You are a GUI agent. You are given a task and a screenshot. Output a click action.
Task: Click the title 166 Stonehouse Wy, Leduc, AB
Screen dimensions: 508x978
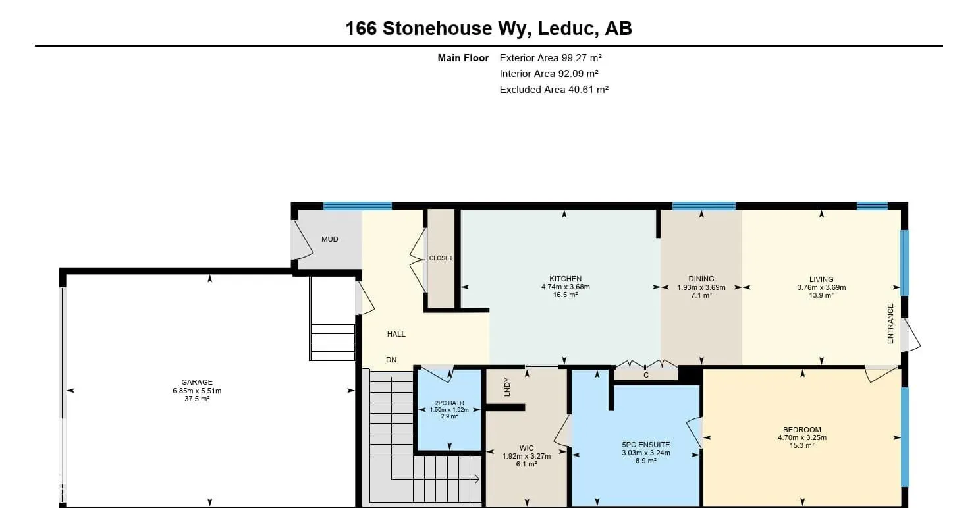click(x=489, y=28)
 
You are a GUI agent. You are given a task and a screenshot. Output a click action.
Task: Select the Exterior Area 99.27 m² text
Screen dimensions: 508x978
click(x=551, y=58)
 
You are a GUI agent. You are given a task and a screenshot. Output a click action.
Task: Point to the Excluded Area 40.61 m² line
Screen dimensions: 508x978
click(x=553, y=90)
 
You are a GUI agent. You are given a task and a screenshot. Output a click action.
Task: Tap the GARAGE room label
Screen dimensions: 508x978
click(x=197, y=382)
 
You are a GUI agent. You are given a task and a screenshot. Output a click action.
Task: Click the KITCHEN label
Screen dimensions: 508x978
click(x=565, y=279)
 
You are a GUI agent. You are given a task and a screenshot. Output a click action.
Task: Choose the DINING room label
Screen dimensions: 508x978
click(x=701, y=279)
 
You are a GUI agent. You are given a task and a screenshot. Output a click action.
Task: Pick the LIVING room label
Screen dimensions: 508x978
click(x=821, y=279)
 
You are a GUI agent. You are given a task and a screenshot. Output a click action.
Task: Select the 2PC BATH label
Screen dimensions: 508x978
click(x=449, y=403)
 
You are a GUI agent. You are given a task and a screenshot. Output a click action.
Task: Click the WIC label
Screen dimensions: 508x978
click(x=526, y=448)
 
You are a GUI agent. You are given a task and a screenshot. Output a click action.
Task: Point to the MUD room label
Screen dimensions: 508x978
click(x=329, y=239)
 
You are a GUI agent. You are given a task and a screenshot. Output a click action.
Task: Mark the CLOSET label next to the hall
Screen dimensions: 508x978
click(x=441, y=258)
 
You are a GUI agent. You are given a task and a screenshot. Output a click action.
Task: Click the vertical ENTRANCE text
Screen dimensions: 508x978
click(x=890, y=324)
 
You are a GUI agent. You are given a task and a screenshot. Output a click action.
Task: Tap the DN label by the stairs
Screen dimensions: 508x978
click(x=391, y=360)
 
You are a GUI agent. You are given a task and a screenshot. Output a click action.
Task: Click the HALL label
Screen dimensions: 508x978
click(x=396, y=334)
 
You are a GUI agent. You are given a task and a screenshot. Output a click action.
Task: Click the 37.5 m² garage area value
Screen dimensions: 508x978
click(x=197, y=399)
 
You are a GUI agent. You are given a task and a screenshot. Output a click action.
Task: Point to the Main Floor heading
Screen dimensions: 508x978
click(x=463, y=58)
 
